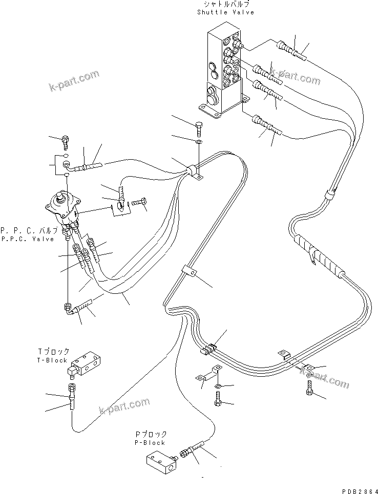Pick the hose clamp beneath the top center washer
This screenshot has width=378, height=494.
click(195, 171)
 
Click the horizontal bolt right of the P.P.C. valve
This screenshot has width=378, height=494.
click(139, 204)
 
